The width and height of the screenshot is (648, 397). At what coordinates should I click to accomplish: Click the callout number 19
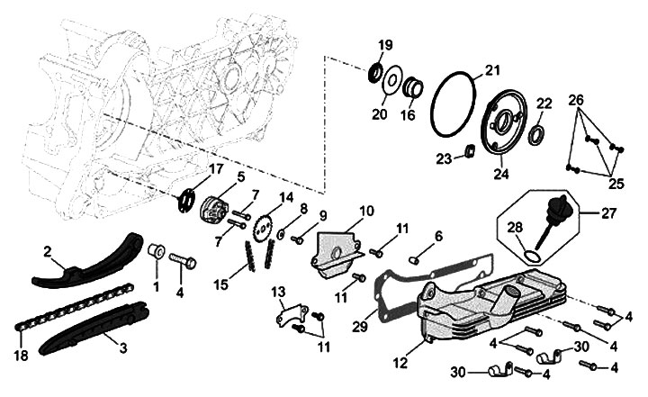pos(384,45)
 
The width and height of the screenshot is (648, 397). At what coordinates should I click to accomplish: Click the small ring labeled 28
pos(531,256)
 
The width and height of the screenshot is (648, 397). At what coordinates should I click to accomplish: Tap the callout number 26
pos(576,99)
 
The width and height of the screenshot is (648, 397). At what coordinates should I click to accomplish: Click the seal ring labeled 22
pos(537,136)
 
